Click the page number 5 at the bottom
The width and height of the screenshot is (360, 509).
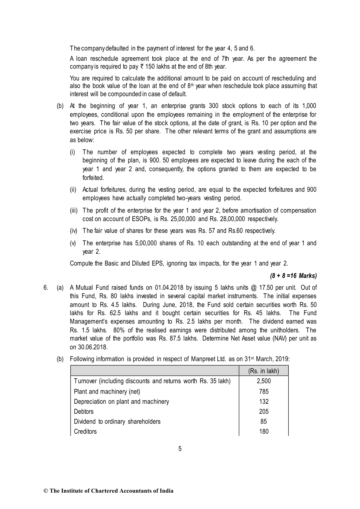[180, 449]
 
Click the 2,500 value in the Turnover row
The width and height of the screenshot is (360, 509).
[264, 381]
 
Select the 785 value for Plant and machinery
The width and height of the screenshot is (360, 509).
[264, 391]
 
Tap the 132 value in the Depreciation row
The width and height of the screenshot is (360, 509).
[264, 401]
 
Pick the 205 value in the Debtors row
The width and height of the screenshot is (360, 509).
[264, 411]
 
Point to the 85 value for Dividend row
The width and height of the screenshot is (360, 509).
[264, 421]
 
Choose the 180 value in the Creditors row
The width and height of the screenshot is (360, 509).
[264, 431]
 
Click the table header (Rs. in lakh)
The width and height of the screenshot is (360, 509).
[264, 371]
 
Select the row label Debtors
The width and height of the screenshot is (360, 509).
[84, 411]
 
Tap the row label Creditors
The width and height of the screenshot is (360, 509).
[85, 431]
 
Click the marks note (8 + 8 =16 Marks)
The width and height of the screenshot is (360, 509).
[293, 276]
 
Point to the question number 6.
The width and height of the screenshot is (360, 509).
[46, 288]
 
